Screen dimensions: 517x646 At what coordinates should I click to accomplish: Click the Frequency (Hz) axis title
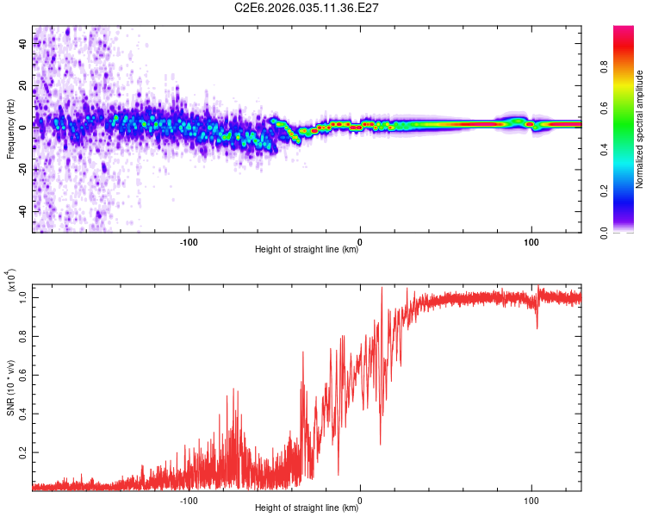click(x=10, y=129)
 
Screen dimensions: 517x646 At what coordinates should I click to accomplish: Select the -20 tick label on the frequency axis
click(x=23, y=168)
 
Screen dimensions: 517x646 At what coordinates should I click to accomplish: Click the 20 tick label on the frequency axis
click(x=23, y=85)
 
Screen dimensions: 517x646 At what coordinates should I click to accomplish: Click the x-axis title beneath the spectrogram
click(x=307, y=251)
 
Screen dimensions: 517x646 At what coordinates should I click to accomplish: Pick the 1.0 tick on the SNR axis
click(x=23, y=296)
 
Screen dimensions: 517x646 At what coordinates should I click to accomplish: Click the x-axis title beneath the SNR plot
click(x=307, y=508)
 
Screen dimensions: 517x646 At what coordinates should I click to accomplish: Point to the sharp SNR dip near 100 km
click(x=537, y=327)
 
